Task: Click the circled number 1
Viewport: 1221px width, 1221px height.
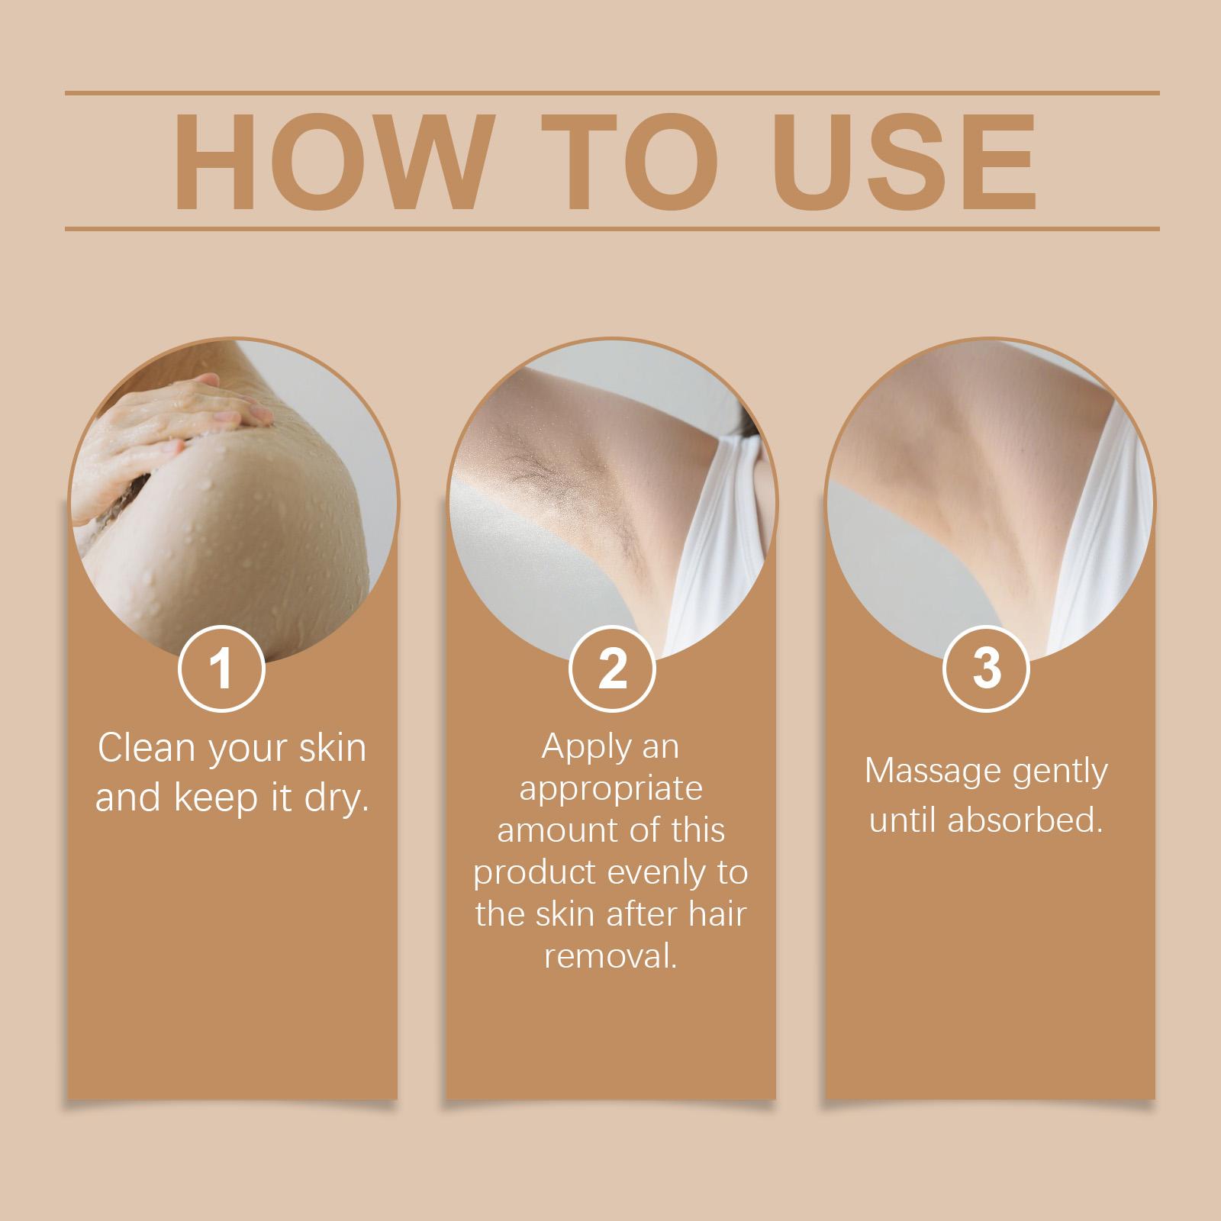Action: [221, 668]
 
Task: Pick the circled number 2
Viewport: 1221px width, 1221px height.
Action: [612, 668]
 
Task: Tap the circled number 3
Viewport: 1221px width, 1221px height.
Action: [987, 668]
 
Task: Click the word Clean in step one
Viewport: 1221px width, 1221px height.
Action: [147, 748]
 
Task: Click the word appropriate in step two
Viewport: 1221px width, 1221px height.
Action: [610, 789]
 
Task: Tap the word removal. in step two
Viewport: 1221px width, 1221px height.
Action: [610, 956]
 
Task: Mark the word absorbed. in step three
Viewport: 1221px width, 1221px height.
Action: [1026, 820]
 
